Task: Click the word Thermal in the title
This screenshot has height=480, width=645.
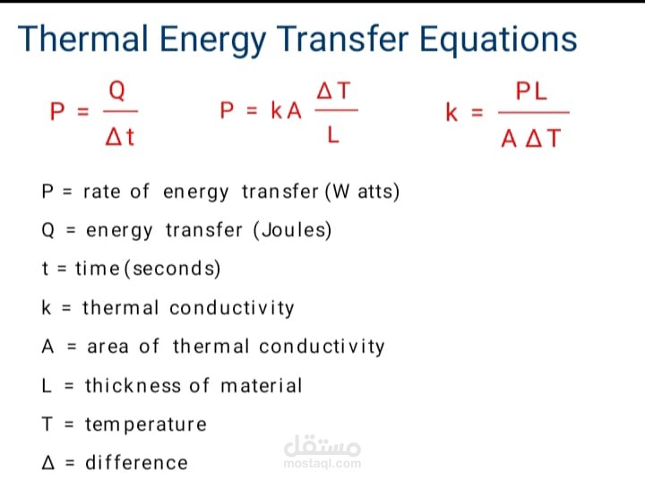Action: pos(82,39)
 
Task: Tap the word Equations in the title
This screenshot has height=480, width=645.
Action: pos(498,41)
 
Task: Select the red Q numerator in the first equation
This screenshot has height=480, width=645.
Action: pos(116,90)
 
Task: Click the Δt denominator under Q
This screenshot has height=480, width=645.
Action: pos(120,136)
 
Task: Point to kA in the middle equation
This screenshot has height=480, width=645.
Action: pos(286,111)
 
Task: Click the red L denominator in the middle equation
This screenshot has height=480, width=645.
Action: pos(333,134)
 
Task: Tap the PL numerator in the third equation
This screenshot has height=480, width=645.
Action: pos(531,91)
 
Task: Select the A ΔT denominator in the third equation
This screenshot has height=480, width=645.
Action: pos(530,138)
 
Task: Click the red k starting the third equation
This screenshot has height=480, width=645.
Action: pos(451,112)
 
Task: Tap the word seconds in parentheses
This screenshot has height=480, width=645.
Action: pos(174,269)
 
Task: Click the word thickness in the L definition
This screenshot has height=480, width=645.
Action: pos(133,386)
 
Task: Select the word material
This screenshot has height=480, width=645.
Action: pos(262,386)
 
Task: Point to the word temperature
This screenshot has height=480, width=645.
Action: pos(146,424)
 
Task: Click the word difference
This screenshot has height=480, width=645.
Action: pos(136,463)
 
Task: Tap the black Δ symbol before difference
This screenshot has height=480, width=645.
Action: pos(48,463)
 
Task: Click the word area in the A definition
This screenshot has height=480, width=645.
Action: pos(107,347)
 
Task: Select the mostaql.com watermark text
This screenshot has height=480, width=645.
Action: pos(322,464)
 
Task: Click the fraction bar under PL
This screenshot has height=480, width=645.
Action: pos(534,112)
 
